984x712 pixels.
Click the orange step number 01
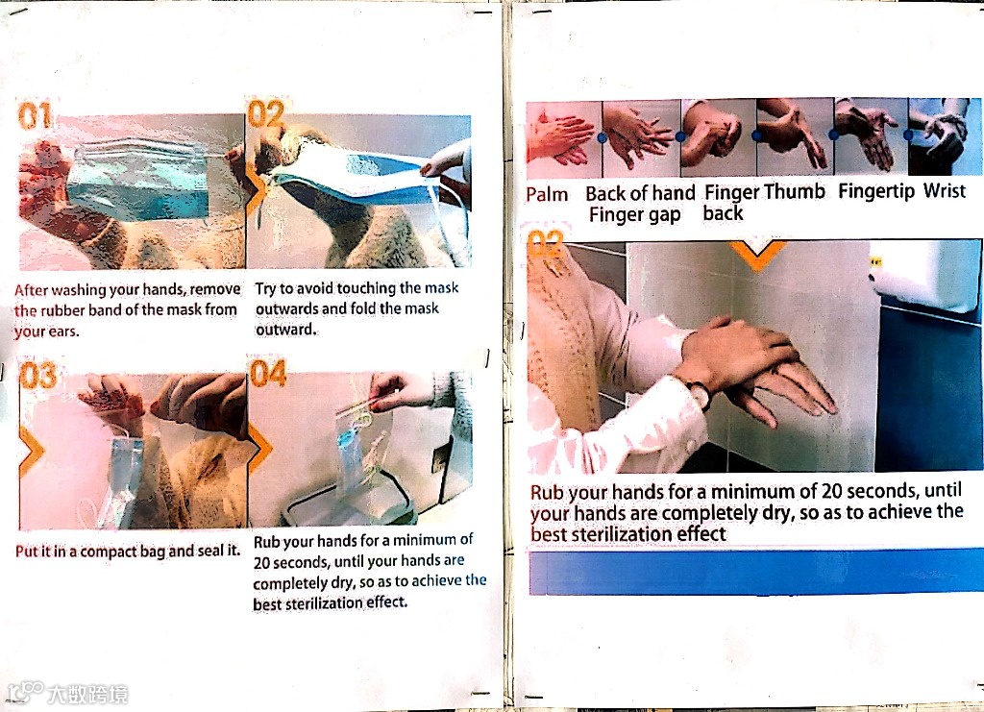click(x=35, y=116)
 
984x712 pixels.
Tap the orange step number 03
click(x=37, y=375)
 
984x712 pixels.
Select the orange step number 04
click(x=269, y=373)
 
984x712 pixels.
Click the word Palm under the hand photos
click(x=547, y=194)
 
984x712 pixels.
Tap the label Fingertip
click(x=876, y=190)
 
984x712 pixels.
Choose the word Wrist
click(x=944, y=190)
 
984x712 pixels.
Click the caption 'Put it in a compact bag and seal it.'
click(x=128, y=551)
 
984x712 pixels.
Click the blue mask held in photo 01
click(x=139, y=180)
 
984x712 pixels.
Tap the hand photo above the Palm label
click(x=563, y=140)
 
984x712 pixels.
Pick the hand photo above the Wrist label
click(x=946, y=136)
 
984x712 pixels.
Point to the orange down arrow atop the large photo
click(x=758, y=256)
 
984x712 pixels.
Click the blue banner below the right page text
click(x=756, y=572)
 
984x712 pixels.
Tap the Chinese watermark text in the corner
click(x=87, y=694)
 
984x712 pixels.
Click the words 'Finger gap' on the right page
click(x=634, y=214)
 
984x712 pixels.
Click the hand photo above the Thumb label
click(x=795, y=136)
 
